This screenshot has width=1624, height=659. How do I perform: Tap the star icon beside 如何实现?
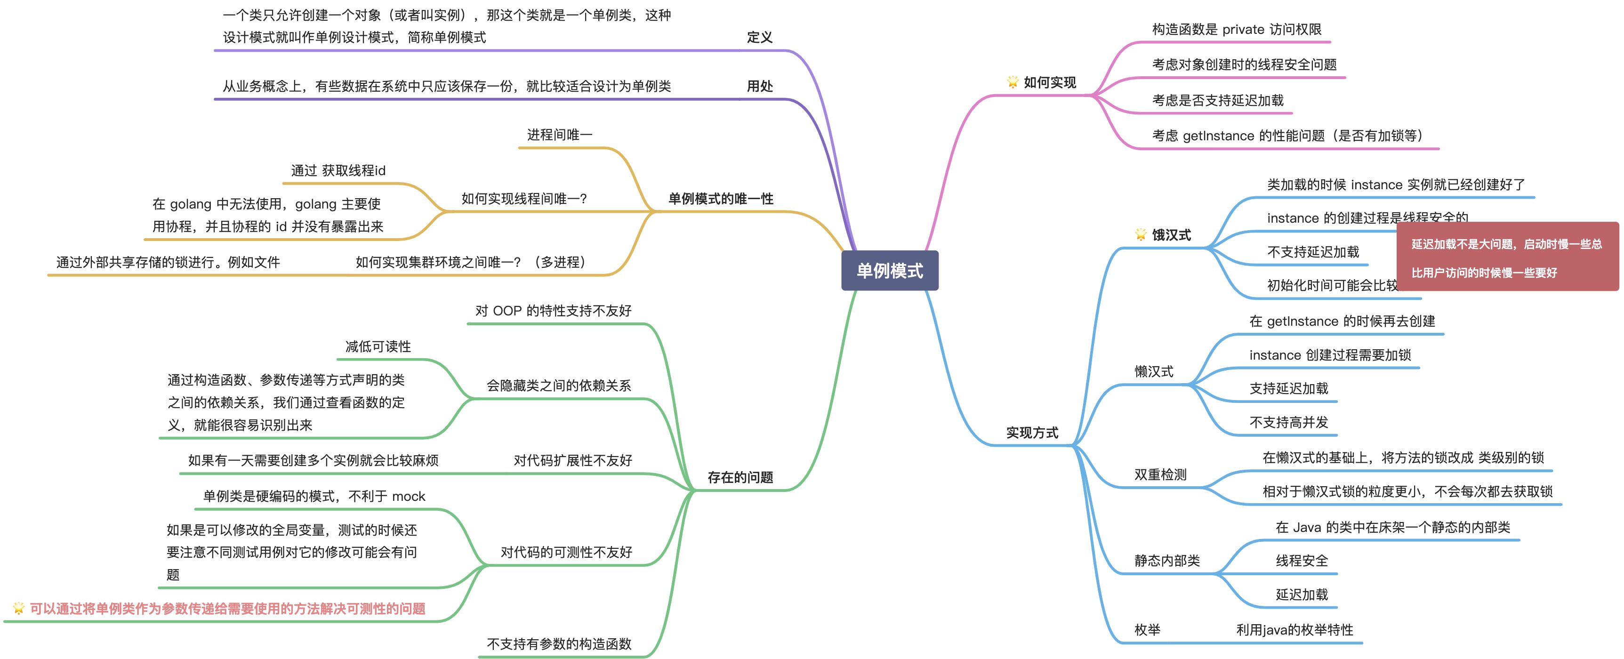1013,82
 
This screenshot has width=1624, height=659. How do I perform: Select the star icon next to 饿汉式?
1141,234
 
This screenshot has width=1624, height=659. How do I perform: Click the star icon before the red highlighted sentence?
18,608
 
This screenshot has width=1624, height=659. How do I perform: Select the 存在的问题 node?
740,477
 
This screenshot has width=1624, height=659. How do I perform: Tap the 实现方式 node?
1032,433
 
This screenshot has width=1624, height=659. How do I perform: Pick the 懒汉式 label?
1154,371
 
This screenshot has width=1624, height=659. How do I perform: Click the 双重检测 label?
1160,474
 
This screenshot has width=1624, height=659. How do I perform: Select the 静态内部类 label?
1167,561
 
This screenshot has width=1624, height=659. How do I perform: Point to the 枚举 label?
1148,629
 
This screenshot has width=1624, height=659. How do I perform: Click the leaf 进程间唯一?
559,134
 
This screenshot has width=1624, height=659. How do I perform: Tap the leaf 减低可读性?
378,346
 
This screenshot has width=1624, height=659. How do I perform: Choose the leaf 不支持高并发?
1289,422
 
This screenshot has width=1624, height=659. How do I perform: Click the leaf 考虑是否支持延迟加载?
1217,100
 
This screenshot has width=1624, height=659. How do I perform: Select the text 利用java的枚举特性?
1294,629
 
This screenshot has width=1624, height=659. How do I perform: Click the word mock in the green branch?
409,496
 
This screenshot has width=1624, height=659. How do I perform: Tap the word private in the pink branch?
1243,30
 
